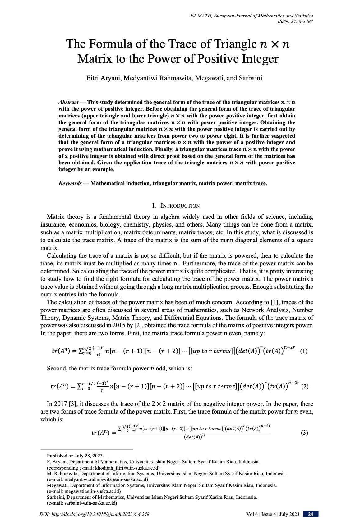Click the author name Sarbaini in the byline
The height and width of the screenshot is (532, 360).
click(250, 78)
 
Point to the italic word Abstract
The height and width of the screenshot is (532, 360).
click(68, 102)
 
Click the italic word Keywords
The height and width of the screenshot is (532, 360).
click(70, 183)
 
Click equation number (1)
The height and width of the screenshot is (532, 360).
click(303, 351)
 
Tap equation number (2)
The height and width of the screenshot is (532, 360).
click(305, 387)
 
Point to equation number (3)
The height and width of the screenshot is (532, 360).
click(304, 433)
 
